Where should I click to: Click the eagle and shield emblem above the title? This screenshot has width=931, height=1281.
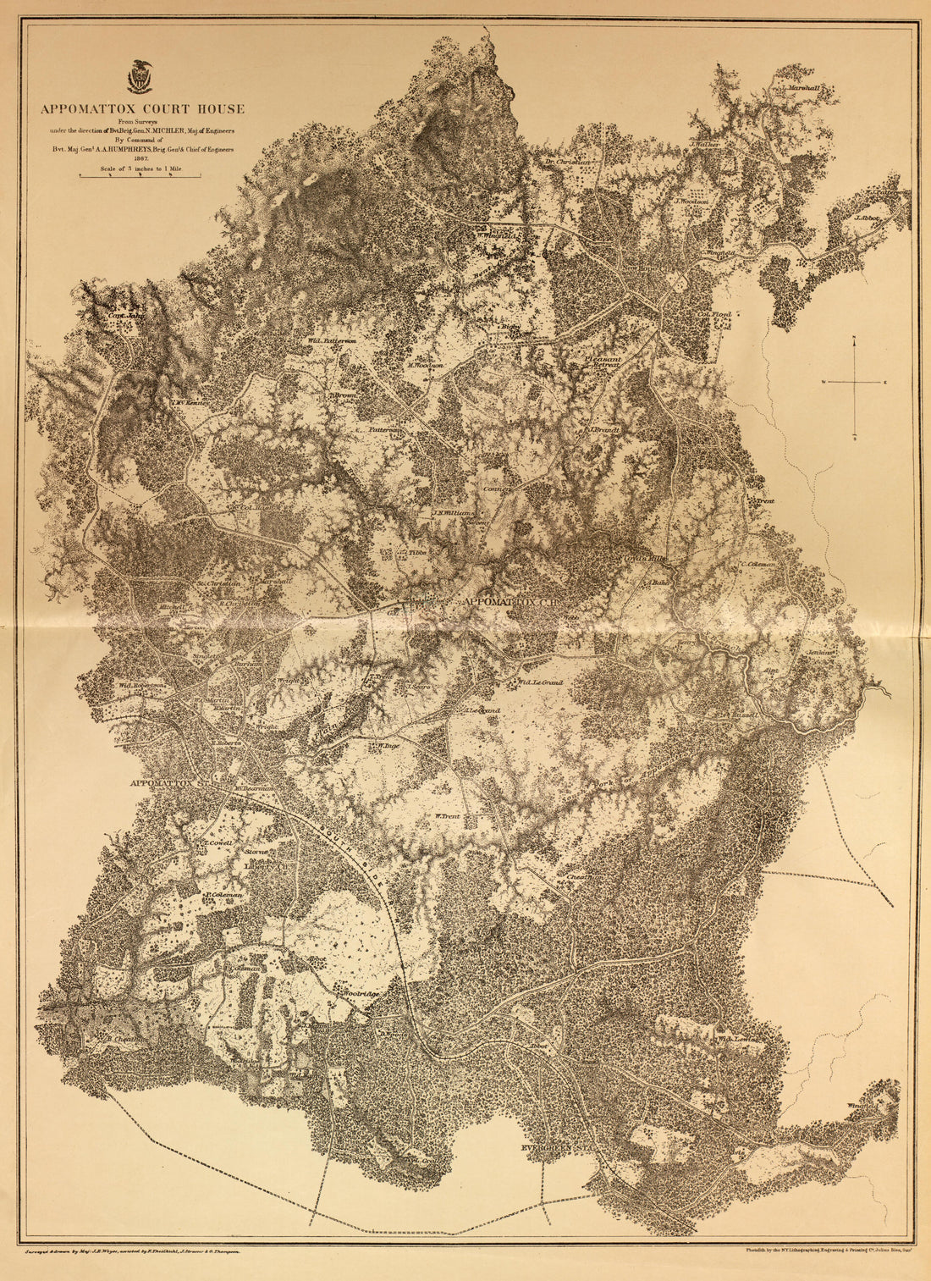[139, 76]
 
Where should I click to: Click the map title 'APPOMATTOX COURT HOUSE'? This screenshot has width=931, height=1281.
[140, 108]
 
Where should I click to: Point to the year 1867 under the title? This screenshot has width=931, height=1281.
[140, 157]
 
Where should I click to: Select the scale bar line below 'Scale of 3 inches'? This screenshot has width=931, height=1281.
[140, 176]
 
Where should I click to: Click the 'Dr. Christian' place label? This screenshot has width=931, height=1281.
[565, 160]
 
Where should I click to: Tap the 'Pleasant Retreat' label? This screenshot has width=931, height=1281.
[604, 362]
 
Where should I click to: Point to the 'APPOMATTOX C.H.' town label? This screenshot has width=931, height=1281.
[507, 601]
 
